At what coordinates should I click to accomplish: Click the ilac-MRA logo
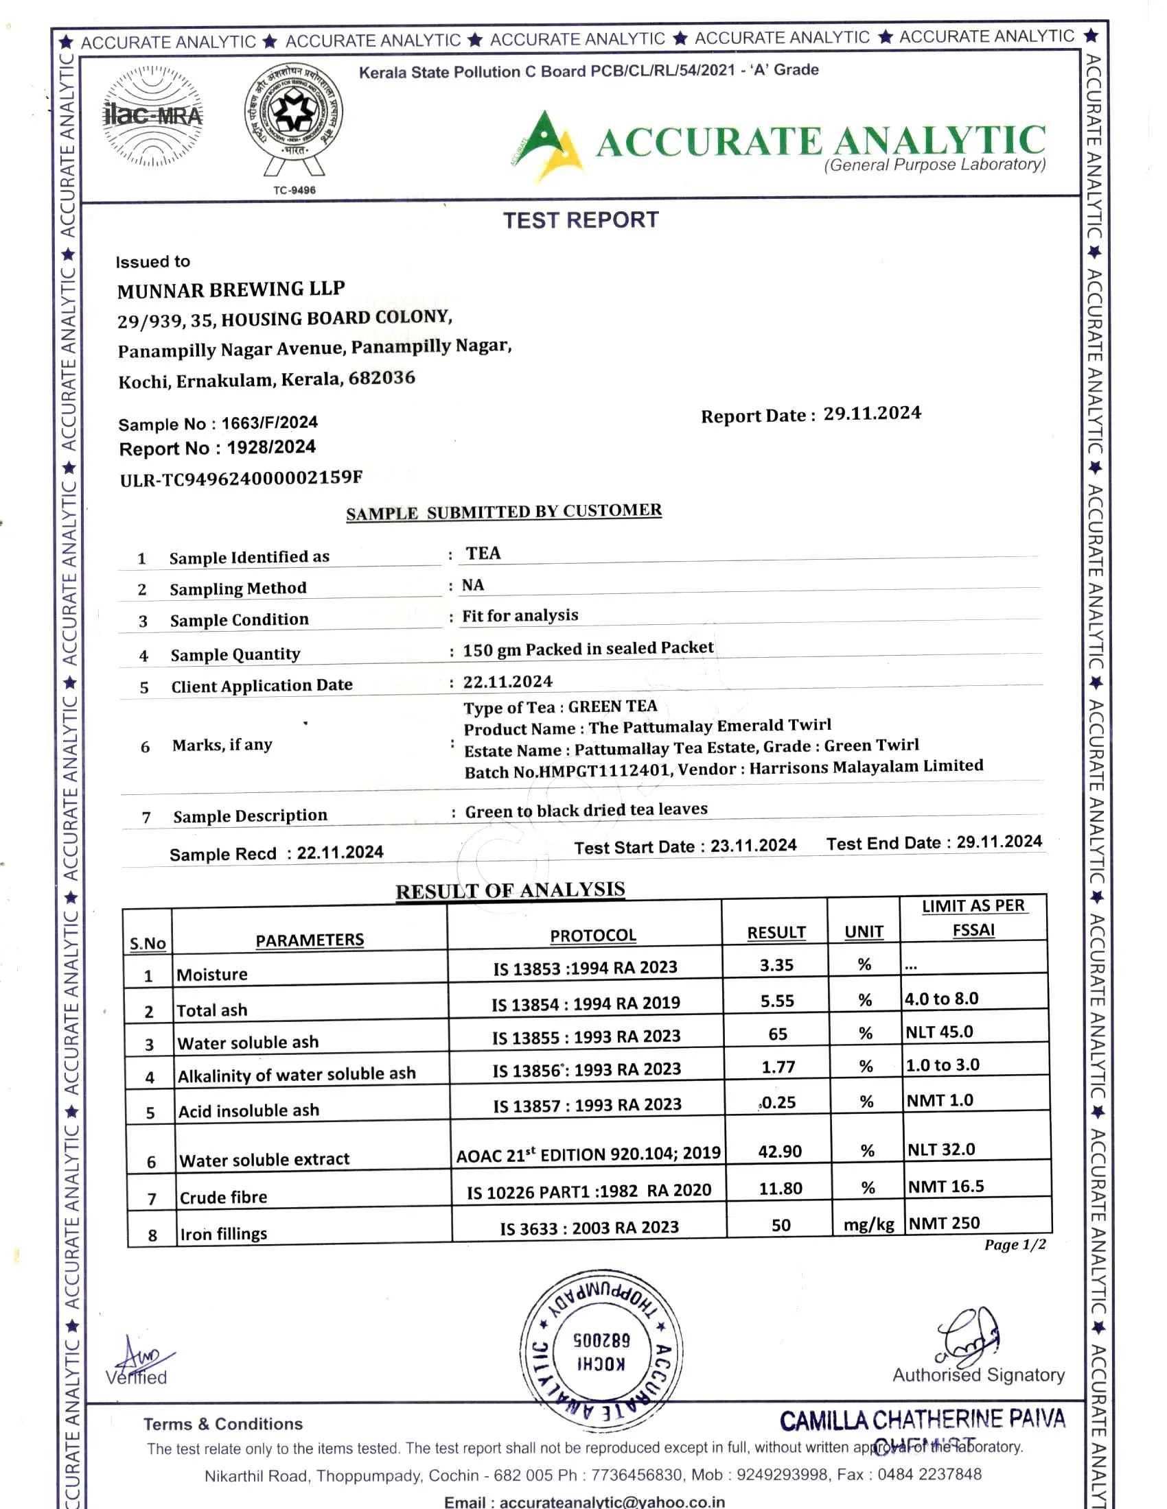point(153,115)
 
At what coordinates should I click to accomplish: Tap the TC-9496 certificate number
point(294,190)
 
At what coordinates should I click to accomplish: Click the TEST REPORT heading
point(581,220)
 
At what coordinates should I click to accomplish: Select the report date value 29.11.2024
point(872,413)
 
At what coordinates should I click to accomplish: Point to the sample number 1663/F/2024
point(270,422)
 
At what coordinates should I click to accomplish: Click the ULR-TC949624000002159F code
point(241,478)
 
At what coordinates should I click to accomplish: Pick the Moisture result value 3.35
point(776,965)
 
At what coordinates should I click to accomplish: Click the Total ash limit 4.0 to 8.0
point(942,999)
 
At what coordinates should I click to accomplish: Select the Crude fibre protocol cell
point(589,1191)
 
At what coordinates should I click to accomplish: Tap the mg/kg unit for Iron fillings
point(868,1225)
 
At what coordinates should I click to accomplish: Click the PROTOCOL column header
point(592,935)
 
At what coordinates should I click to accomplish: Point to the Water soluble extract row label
point(265,1159)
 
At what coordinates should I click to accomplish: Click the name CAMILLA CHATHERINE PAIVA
point(922,1419)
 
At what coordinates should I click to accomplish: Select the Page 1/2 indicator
point(1015,1245)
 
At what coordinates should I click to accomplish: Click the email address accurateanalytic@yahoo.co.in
point(612,1502)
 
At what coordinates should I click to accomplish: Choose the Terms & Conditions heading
point(223,1424)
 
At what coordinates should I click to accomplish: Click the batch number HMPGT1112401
point(604,770)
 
